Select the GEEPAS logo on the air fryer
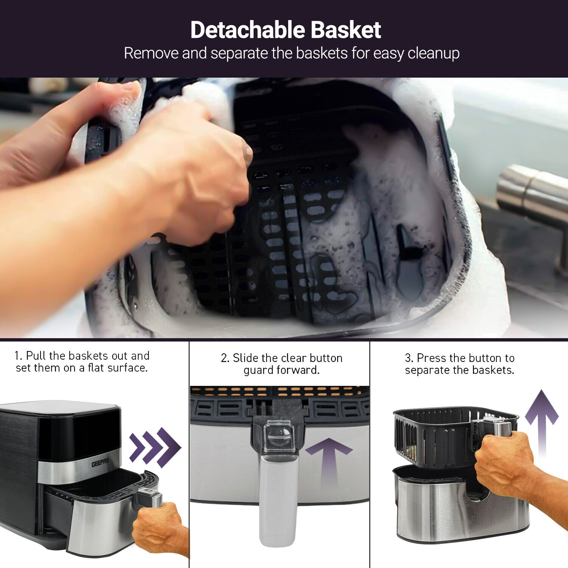click(100, 462)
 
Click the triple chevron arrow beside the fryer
click(155, 447)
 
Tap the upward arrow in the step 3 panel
click(542, 423)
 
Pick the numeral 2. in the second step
click(225, 358)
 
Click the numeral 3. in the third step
click(409, 358)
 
